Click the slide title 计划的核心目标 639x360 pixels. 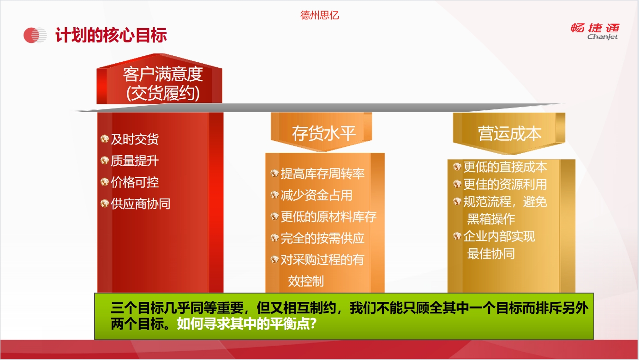click(111, 36)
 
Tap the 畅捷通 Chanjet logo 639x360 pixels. click(595, 31)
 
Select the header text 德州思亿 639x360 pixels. click(319, 15)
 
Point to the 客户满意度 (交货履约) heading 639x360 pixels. click(163, 84)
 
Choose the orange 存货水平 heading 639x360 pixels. click(324, 133)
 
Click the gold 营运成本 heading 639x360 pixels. click(510, 133)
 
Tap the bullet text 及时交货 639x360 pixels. click(135, 139)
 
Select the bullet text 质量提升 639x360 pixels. click(135, 161)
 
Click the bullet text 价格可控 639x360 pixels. click(135, 182)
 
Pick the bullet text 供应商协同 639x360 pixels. click(141, 204)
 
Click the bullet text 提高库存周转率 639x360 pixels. click(322, 174)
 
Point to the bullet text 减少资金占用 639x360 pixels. click(317, 195)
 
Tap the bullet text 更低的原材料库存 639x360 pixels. click(328, 216)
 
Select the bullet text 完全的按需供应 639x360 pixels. click(322, 238)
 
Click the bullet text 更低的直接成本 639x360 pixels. click(505, 167)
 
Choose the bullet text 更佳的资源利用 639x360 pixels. click(505, 184)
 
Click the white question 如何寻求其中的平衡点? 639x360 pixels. click(247, 324)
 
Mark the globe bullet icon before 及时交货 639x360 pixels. click(105, 139)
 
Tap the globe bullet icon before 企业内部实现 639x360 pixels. click(457, 236)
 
